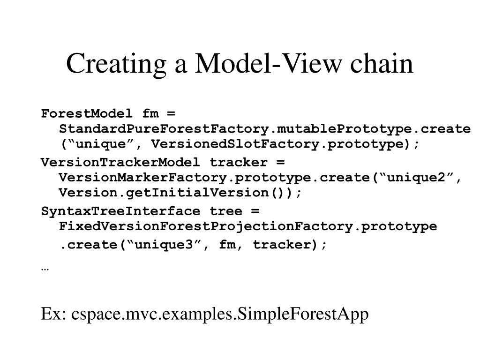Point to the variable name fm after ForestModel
click(150, 114)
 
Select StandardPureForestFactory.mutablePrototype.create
click(264, 129)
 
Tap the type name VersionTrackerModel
click(120, 163)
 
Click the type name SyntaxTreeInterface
click(120, 211)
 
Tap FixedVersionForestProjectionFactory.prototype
click(247, 226)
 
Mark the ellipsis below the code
click(45, 269)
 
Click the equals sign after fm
click(170, 114)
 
